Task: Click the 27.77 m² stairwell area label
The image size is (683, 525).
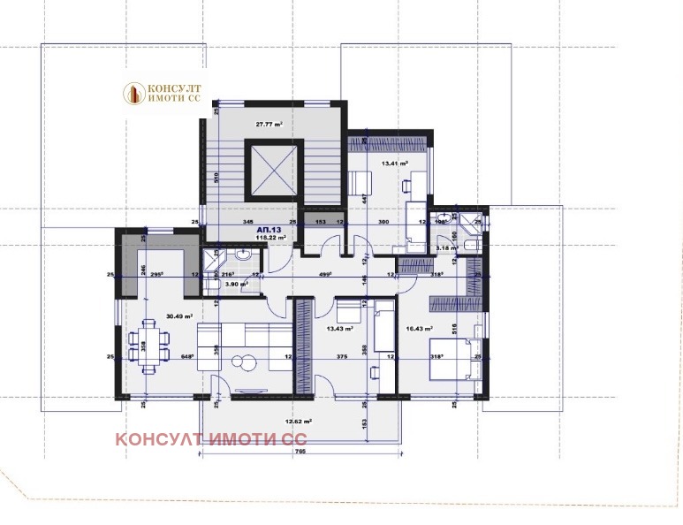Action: tap(269, 125)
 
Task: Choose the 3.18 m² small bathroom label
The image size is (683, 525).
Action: tap(447, 248)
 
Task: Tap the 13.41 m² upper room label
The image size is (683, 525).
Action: tap(393, 164)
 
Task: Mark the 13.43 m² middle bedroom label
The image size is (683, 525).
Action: tap(340, 328)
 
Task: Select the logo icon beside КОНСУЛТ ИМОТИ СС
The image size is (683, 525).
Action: tap(134, 92)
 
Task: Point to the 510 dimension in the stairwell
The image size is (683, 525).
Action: tap(216, 175)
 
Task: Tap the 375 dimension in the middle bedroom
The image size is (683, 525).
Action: tap(341, 357)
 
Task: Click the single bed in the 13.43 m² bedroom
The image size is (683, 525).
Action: tap(383, 325)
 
